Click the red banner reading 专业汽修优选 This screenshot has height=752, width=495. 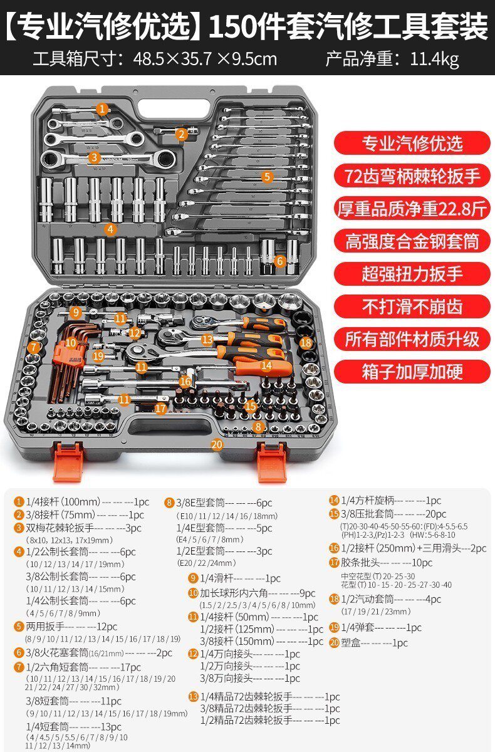[411, 143]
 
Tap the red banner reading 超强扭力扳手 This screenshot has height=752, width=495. [411, 273]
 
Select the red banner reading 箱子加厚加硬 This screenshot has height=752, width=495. [411, 371]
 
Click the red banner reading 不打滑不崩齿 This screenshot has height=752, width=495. [411, 306]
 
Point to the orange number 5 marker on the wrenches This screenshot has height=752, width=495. [268, 177]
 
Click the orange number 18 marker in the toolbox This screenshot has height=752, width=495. [306, 343]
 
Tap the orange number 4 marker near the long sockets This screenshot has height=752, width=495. [111, 229]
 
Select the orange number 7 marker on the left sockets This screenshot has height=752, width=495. [35, 347]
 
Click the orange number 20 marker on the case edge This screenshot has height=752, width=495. [217, 444]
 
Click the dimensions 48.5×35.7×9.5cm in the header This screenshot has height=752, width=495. [205, 59]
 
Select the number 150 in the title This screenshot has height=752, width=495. [229, 26]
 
